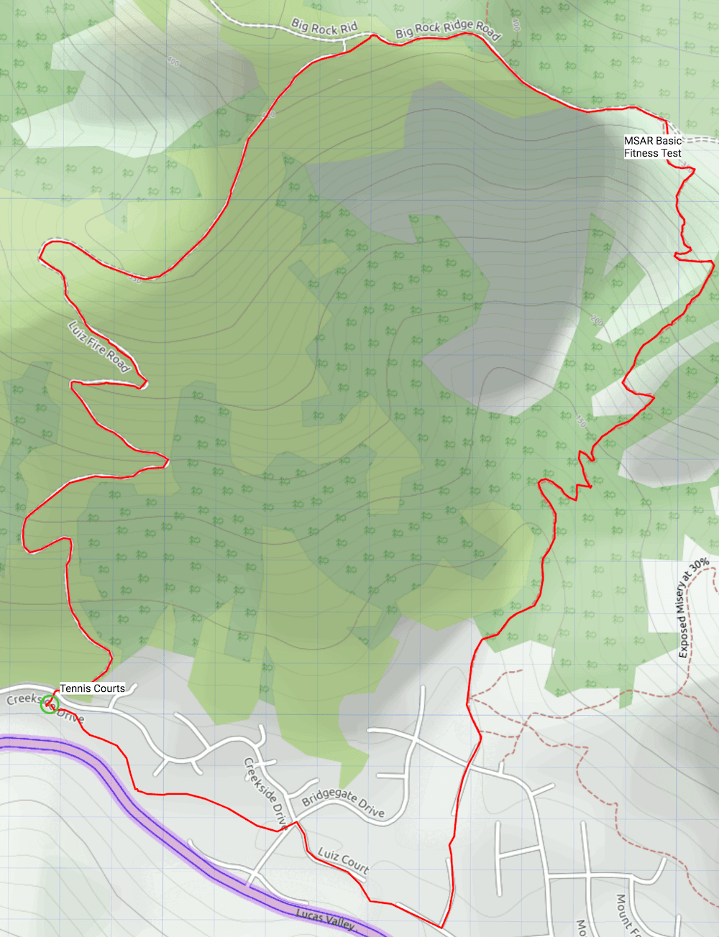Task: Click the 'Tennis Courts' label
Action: click(x=92, y=688)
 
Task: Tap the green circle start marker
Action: click(x=50, y=704)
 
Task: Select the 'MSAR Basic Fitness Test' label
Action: click(x=652, y=147)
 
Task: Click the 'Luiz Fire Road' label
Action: click(x=99, y=347)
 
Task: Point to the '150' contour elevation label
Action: click(x=580, y=421)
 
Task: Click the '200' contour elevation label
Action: click(x=597, y=320)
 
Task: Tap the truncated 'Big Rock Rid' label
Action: click(x=324, y=28)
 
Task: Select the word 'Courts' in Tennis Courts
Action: click(x=108, y=688)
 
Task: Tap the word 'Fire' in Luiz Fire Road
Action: click(x=96, y=344)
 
